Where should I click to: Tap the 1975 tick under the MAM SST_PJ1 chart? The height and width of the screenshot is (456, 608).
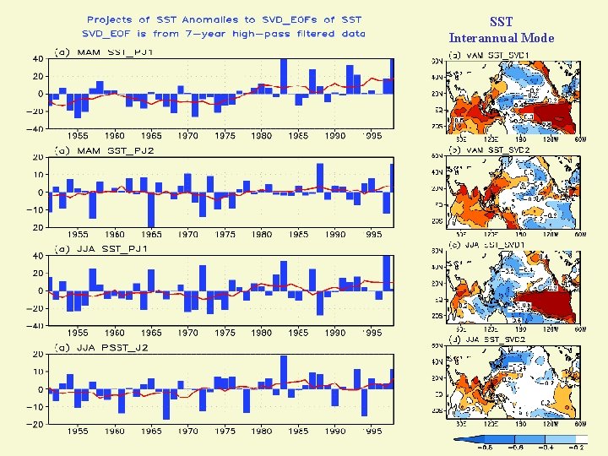pos(225,135)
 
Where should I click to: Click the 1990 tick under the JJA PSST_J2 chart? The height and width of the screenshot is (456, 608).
pos(335,431)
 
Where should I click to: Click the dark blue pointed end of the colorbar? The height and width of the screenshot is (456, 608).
pos(459,438)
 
